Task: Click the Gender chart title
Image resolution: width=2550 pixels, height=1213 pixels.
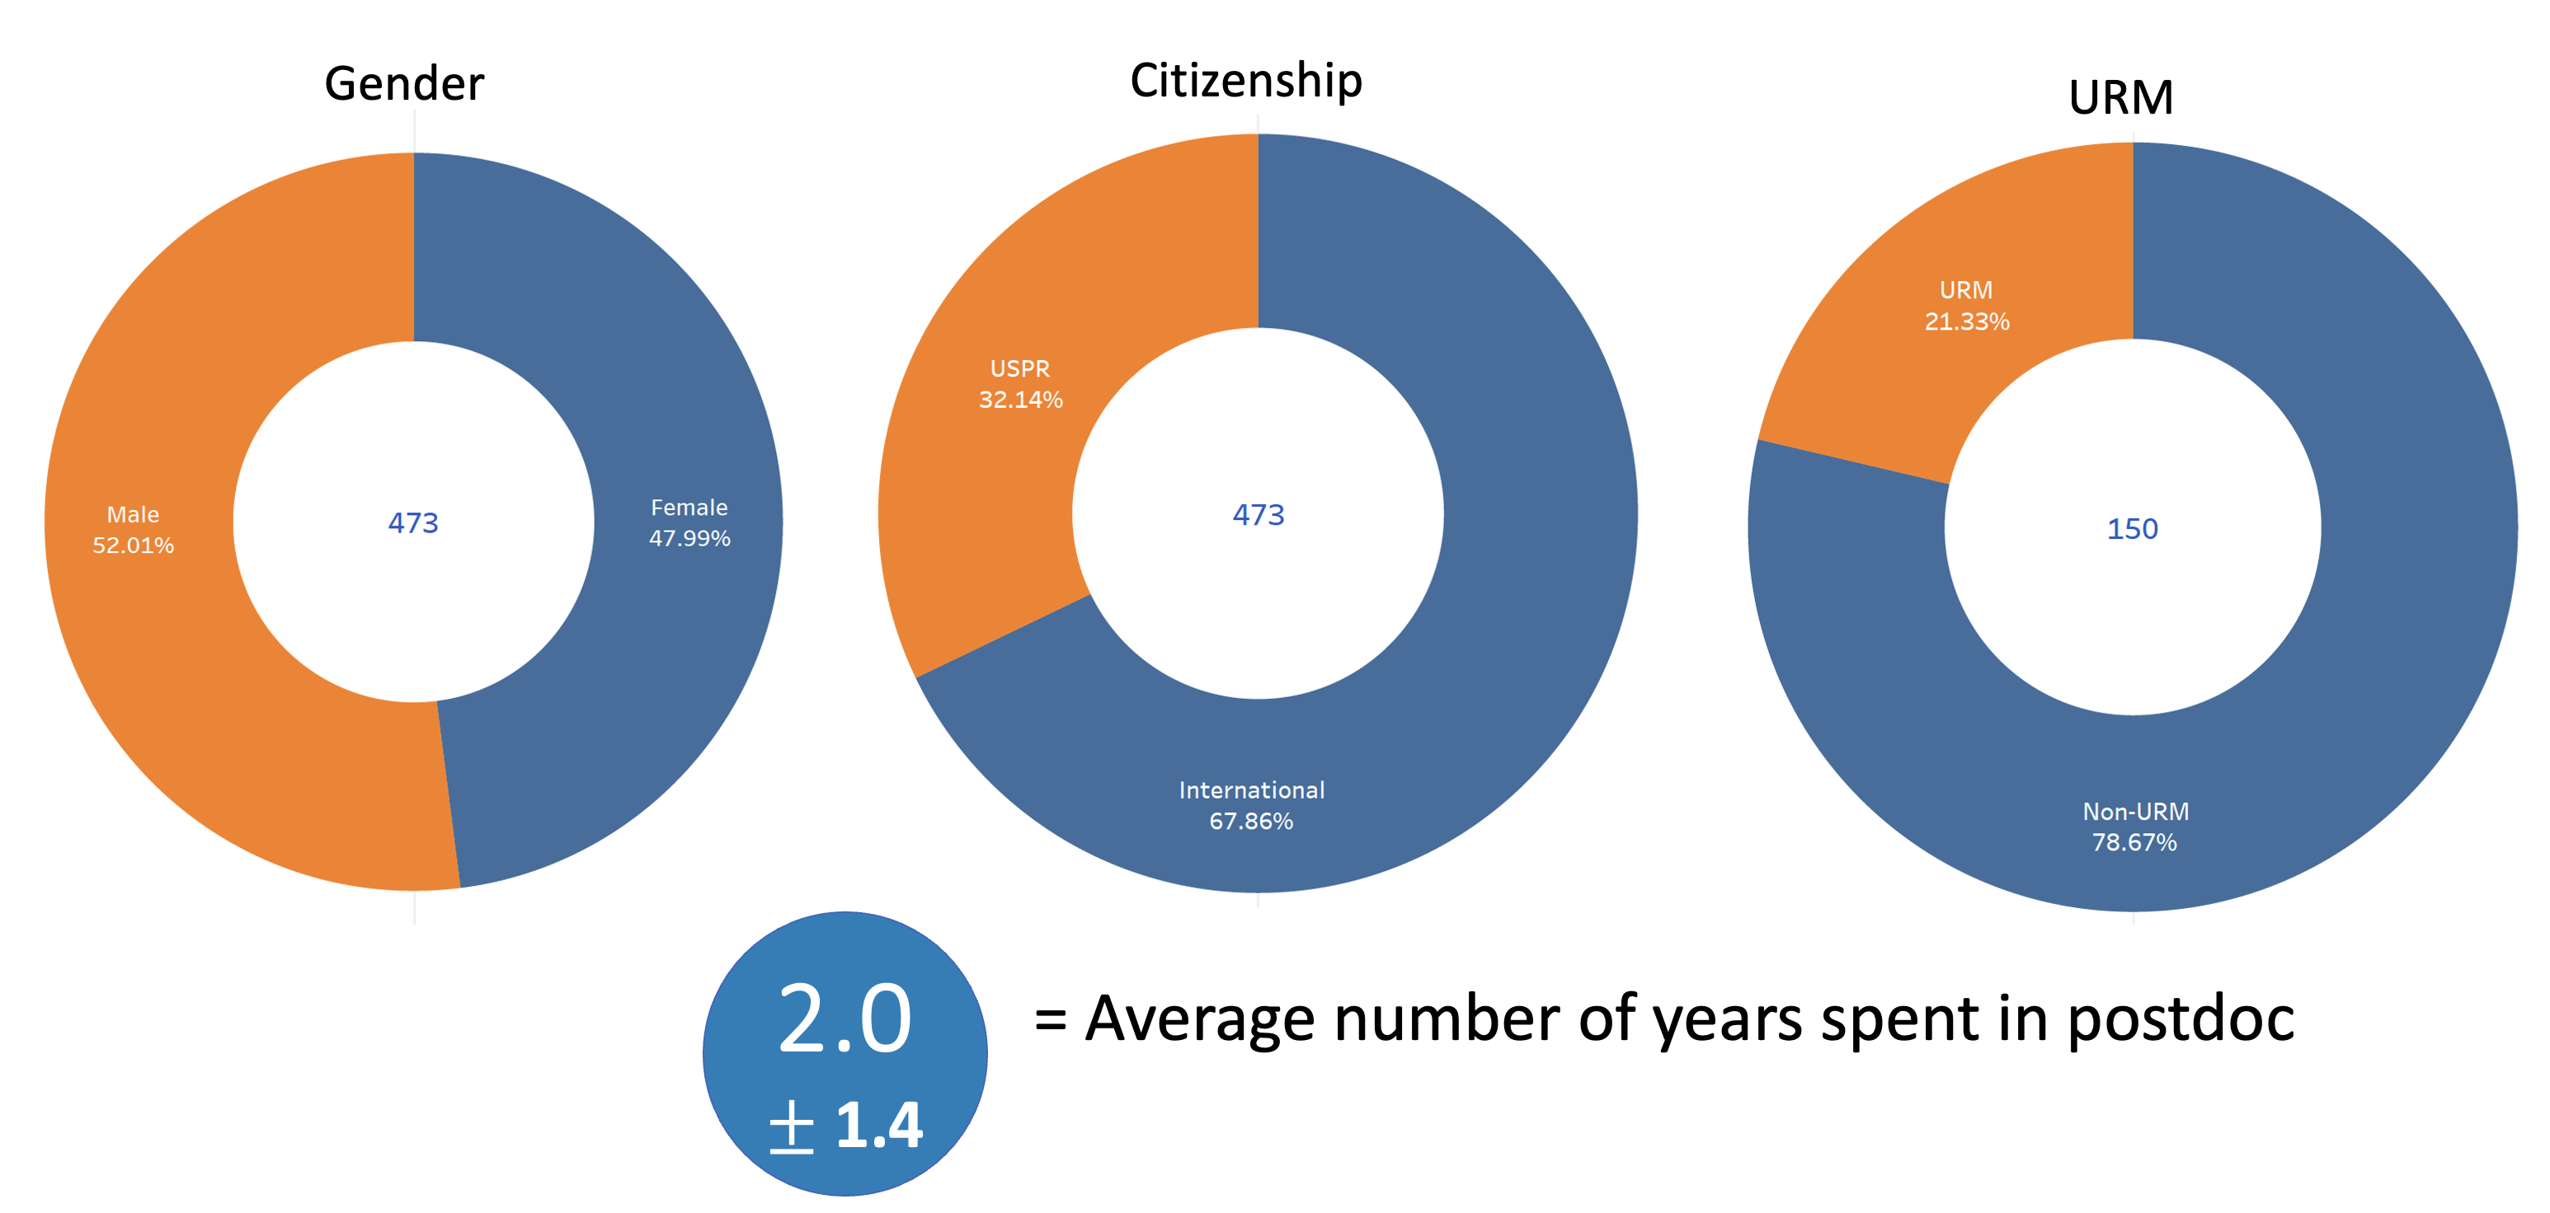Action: (404, 84)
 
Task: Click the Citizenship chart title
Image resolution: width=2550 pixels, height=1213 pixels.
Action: (1245, 81)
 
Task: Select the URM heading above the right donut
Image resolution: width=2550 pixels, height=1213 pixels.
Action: (2120, 98)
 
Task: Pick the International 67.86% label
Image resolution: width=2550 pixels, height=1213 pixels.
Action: (1251, 805)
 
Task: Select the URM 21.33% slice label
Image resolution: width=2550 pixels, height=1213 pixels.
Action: (1966, 306)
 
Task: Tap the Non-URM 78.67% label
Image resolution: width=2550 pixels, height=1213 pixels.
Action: (2134, 827)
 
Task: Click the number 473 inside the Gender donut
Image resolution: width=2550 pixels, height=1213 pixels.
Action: (413, 522)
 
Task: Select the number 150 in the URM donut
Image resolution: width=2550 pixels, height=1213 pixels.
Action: (2131, 529)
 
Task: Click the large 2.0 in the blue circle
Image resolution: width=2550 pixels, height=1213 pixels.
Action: (845, 1019)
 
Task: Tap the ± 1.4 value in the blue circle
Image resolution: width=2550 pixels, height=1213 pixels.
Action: (846, 1126)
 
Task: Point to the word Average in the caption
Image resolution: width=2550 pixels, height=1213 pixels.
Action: (1200, 1019)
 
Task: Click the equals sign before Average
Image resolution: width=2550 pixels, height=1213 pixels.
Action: (1051, 1019)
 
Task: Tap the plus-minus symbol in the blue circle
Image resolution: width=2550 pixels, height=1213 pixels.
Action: (791, 1128)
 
